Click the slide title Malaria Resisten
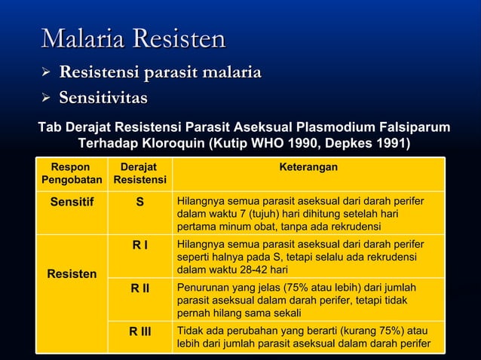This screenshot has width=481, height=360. click(133, 38)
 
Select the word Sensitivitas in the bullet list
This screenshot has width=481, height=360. click(103, 98)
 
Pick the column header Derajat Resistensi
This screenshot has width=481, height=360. click(139, 173)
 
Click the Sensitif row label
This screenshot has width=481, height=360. click(72, 202)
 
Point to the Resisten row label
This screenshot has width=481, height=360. click(72, 273)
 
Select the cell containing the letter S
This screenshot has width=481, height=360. click(139, 202)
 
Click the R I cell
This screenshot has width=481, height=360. click(139, 244)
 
